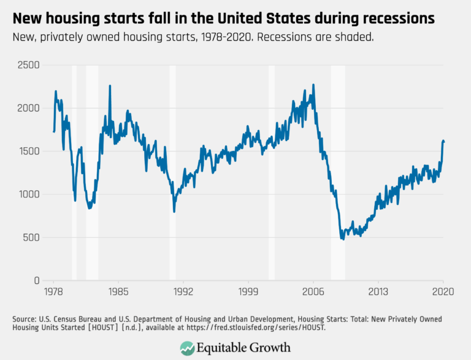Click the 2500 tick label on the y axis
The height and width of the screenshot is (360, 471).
28,65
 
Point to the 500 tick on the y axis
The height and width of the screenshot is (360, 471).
31,237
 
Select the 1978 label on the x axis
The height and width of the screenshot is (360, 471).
53,292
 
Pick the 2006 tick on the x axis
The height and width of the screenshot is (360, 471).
313,292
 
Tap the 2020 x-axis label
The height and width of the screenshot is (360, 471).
443,292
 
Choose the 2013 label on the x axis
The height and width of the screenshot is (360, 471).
378,292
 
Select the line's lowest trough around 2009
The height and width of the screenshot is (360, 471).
343,239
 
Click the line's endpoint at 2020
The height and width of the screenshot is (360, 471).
443,142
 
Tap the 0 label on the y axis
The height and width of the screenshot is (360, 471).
37,280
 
